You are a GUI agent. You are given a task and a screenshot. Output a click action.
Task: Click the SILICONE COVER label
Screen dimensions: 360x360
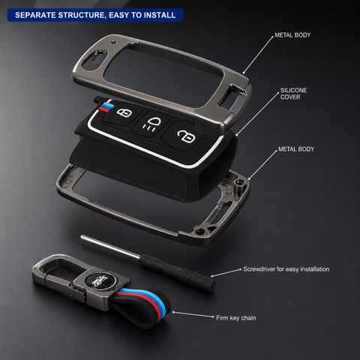pyautogui.click(x=293, y=94)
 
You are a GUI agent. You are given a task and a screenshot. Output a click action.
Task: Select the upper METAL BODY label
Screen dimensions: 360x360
pyautogui.click(x=292, y=35)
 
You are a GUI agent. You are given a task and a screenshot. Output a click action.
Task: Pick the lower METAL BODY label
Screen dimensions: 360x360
pyautogui.click(x=296, y=149)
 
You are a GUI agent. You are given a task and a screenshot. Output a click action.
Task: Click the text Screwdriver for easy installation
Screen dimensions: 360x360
pyautogui.click(x=286, y=269)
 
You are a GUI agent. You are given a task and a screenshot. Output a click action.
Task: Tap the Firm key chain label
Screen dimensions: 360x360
pyautogui.click(x=236, y=318)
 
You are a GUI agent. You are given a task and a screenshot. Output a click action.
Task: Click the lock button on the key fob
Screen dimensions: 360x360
pyautogui.click(x=124, y=112)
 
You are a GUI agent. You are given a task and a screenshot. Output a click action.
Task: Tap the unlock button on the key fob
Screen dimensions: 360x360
pyautogui.click(x=186, y=136)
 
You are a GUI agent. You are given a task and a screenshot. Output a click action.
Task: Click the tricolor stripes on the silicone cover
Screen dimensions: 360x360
pyautogui.click(x=106, y=106)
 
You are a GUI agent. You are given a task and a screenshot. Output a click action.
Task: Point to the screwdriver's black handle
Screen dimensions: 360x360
pyautogui.click(x=178, y=272)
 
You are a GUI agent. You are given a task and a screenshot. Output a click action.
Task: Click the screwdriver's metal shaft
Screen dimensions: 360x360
pyautogui.click(x=110, y=247)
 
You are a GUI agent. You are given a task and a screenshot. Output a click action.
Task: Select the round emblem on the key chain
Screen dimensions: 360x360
pyautogui.click(x=100, y=280)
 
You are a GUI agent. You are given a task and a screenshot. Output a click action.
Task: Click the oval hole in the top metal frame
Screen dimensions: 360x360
pyautogui.click(x=94, y=59)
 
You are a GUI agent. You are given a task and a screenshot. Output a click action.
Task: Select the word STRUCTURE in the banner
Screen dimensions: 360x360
pyautogui.click(x=82, y=15)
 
